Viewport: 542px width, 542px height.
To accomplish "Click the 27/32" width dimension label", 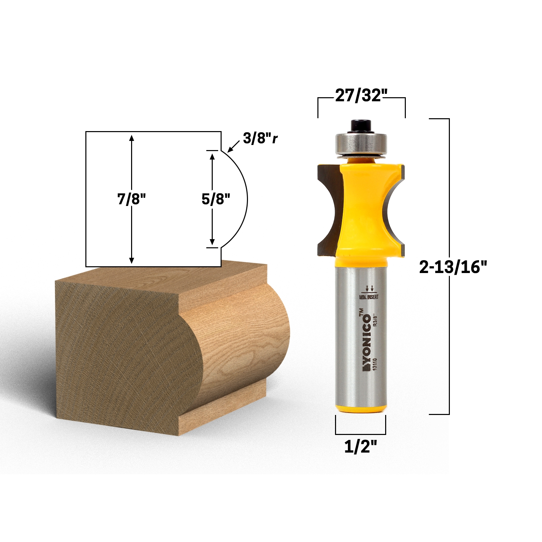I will pos(361,96).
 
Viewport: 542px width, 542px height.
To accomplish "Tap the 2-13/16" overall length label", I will pos(453,267).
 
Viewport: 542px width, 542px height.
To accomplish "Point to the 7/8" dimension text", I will pos(131,199).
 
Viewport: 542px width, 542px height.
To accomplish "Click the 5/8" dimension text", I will pos(216,199).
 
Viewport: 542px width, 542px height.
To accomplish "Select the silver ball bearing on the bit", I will pos(360,144).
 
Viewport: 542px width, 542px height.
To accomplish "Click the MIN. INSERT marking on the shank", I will pos(369,297).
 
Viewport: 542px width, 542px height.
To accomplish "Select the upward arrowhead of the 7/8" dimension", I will pos(131,138).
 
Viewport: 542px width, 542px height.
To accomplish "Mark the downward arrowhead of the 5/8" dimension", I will pos(212,242).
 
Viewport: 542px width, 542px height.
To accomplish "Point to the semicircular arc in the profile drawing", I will pos(247,199).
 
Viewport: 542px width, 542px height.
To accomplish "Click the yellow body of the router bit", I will pos(360,210).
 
